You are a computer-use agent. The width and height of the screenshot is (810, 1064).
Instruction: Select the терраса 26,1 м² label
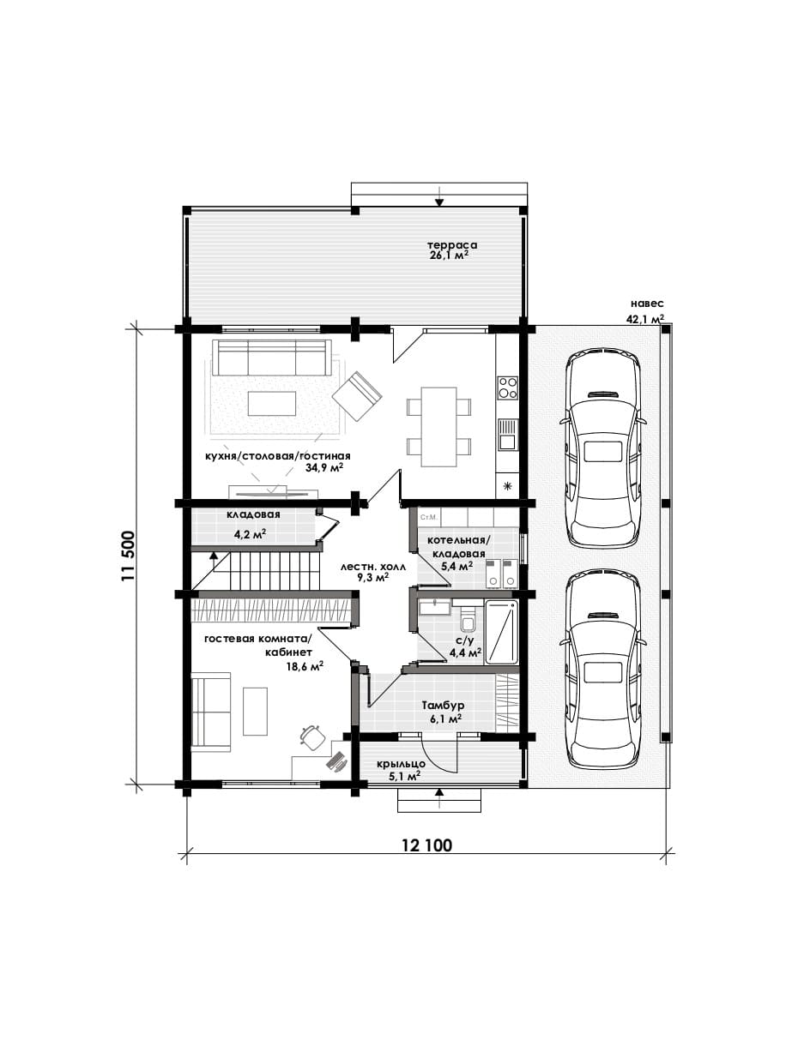point(451,250)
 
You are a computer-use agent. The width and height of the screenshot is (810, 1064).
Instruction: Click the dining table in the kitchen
point(438,427)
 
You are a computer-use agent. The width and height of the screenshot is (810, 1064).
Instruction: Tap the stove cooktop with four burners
point(507,388)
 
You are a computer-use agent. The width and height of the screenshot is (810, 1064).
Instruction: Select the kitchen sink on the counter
point(507,434)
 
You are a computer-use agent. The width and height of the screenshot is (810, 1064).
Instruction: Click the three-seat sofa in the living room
point(272,357)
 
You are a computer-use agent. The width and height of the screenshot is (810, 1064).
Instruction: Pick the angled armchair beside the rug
point(357,396)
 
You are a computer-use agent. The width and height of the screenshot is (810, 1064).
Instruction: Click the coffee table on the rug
point(272,403)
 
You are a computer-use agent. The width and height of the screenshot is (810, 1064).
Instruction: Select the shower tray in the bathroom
point(502,633)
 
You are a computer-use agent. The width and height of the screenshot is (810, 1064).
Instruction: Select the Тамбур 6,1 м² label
point(443,711)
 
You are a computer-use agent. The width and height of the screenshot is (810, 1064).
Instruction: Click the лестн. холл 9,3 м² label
point(373,572)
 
